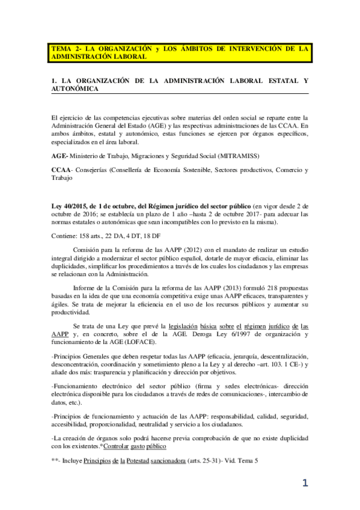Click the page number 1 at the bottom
(305, 482)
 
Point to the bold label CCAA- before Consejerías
(63, 170)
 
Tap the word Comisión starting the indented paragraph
(88, 250)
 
